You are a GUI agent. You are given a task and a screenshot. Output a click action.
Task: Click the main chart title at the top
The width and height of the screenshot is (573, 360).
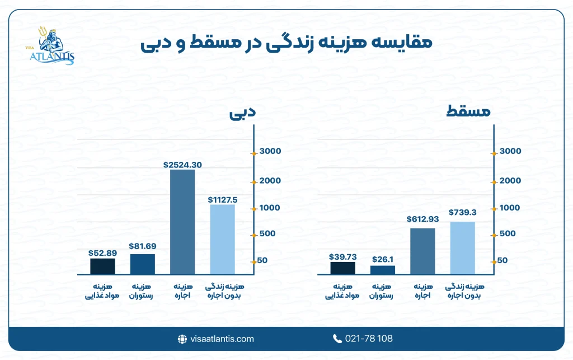(286, 44)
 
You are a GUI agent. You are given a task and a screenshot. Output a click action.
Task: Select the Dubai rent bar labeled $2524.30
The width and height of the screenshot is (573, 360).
(182, 222)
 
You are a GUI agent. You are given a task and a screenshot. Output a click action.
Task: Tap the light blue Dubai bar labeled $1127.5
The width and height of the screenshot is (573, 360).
(222, 239)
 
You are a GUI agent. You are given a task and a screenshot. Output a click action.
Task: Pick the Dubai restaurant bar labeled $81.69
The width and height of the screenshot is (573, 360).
(142, 264)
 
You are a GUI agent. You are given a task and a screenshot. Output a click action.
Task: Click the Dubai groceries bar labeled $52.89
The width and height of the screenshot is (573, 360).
(102, 266)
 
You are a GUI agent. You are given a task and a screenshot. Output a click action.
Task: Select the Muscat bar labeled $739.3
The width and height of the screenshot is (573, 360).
(462, 248)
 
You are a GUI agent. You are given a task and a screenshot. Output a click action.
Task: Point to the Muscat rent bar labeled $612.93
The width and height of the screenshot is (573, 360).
(422, 251)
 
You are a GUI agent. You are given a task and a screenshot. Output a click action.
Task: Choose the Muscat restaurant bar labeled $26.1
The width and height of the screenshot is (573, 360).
(383, 270)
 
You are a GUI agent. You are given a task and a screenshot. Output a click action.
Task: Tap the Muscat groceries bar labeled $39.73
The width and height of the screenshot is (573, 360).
(342, 268)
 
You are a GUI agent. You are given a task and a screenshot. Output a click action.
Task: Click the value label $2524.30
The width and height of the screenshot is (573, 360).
(182, 165)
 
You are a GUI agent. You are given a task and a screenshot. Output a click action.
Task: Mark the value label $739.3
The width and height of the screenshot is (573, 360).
(462, 213)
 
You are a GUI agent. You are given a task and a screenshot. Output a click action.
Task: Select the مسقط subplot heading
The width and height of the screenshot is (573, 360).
(468, 112)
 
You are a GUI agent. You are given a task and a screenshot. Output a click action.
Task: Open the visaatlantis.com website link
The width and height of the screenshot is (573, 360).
(222, 339)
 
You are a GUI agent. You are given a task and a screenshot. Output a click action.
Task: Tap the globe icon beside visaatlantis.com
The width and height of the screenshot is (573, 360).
(182, 339)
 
